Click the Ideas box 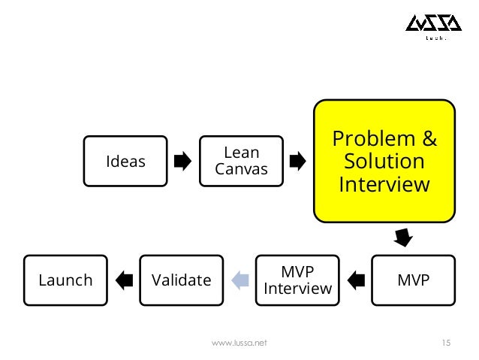125,161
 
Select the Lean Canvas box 241,160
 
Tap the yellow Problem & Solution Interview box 384,162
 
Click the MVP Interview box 297,280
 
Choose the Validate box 181,280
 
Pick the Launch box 65,280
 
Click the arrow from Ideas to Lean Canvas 182,161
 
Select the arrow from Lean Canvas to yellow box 297,161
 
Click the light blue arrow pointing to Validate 239,280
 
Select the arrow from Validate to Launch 124,280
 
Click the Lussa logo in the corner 425,28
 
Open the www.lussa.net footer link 239,343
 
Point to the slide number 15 445,343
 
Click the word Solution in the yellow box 384,162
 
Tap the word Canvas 241,169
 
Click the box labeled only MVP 414,280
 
